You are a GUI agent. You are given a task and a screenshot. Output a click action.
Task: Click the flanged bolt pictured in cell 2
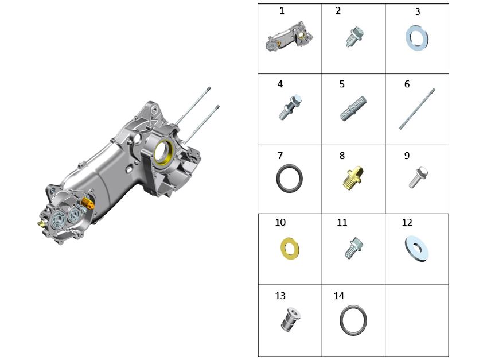point(355,36)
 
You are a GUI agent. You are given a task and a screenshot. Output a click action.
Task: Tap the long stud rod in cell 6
point(417,109)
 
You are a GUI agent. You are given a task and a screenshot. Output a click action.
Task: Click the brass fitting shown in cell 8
point(353,178)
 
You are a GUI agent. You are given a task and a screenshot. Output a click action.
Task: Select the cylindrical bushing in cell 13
point(291,319)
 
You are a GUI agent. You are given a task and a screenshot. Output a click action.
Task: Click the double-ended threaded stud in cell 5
point(353,109)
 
